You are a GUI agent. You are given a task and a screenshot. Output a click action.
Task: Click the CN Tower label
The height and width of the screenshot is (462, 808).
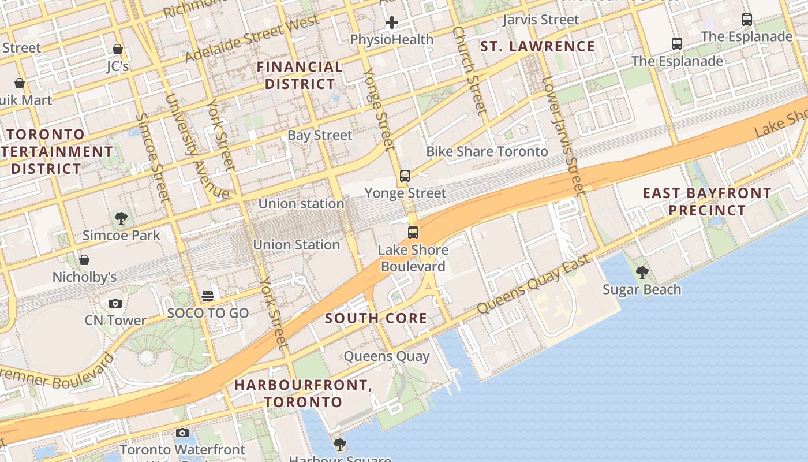[x=115, y=320]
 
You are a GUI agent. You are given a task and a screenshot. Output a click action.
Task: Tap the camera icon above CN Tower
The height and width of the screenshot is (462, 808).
[x=115, y=303]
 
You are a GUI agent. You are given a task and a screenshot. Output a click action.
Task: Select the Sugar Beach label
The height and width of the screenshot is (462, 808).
[x=642, y=289]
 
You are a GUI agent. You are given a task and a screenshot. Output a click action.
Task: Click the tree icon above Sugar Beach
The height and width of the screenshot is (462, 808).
[x=642, y=272]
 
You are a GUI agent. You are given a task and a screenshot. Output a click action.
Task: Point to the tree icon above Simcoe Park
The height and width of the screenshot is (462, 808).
[x=121, y=218]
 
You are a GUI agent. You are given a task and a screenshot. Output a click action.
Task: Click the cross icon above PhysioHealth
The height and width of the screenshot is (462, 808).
[x=392, y=23]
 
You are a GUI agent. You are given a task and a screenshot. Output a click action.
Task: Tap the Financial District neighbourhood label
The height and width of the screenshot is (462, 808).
[x=300, y=75]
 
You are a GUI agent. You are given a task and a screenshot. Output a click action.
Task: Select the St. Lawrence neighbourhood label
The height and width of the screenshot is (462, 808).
[x=537, y=46]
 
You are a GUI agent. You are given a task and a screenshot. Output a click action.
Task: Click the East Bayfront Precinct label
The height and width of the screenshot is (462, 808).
[x=707, y=202]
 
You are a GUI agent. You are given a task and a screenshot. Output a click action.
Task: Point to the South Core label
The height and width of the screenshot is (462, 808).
[x=376, y=318]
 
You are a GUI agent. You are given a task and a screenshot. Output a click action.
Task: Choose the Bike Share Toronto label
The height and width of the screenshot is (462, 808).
[x=487, y=151]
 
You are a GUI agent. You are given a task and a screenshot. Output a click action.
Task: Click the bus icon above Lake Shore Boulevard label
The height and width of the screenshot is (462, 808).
[x=413, y=233]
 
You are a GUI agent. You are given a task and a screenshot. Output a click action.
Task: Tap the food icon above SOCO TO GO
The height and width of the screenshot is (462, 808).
[x=208, y=296]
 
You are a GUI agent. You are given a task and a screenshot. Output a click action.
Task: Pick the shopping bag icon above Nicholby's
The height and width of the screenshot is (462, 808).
[x=84, y=260]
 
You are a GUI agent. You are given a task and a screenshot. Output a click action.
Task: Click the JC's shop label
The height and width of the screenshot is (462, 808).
[x=118, y=66]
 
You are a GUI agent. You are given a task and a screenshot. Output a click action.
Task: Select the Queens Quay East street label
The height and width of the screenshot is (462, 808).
[x=534, y=284]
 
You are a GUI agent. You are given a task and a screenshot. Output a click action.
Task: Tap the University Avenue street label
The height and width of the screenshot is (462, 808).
[x=196, y=147]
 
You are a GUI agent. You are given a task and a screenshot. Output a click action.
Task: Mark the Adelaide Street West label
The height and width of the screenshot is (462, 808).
[x=252, y=39]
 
